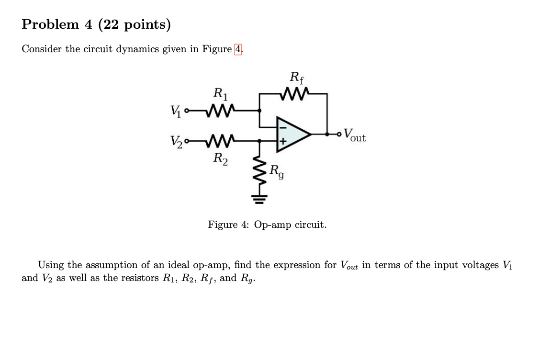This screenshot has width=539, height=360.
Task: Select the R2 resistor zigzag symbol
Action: pos(219,141)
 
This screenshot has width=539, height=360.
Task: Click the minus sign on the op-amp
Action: pos(282,127)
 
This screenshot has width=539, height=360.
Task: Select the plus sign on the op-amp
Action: pos(282,142)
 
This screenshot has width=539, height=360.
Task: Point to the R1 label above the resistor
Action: pos(220,93)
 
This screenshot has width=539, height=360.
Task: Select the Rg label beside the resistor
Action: pos(277,171)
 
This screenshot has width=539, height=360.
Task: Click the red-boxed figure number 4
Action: pos(238,49)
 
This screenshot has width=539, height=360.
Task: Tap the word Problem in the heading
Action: pos(50,24)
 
